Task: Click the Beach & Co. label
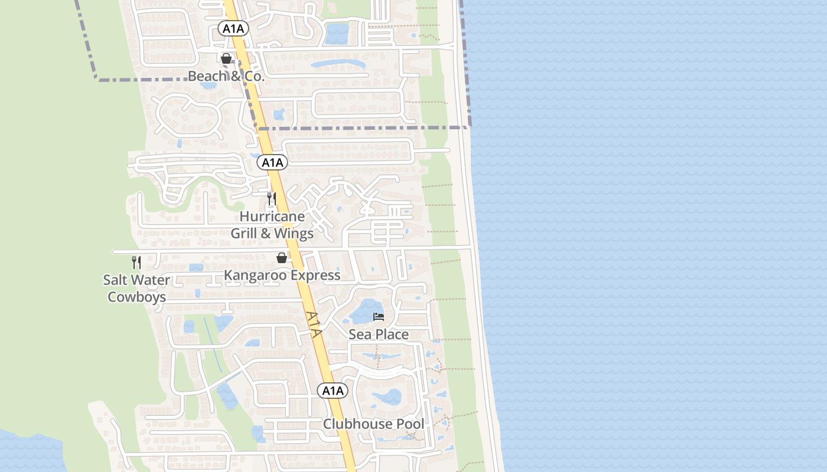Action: click(x=226, y=76)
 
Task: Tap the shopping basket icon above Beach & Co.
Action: click(x=226, y=58)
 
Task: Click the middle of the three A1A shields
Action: click(x=272, y=162)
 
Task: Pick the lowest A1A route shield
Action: click(x=333, y=390)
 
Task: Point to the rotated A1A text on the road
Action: click(x=314, y=324)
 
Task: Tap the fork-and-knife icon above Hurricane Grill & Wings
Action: click(x=272, y=199)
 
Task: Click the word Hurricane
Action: click(x=272, y=217)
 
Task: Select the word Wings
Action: click(x=294, y=234)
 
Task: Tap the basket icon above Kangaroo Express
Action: click(x=282, y=258)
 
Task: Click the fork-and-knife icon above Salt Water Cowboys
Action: click(x=136, y=263)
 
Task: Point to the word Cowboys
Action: click(x=136, y=297)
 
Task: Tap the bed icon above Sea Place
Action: click(x=379, y=317)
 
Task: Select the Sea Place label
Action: click(x=379, y=335)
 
